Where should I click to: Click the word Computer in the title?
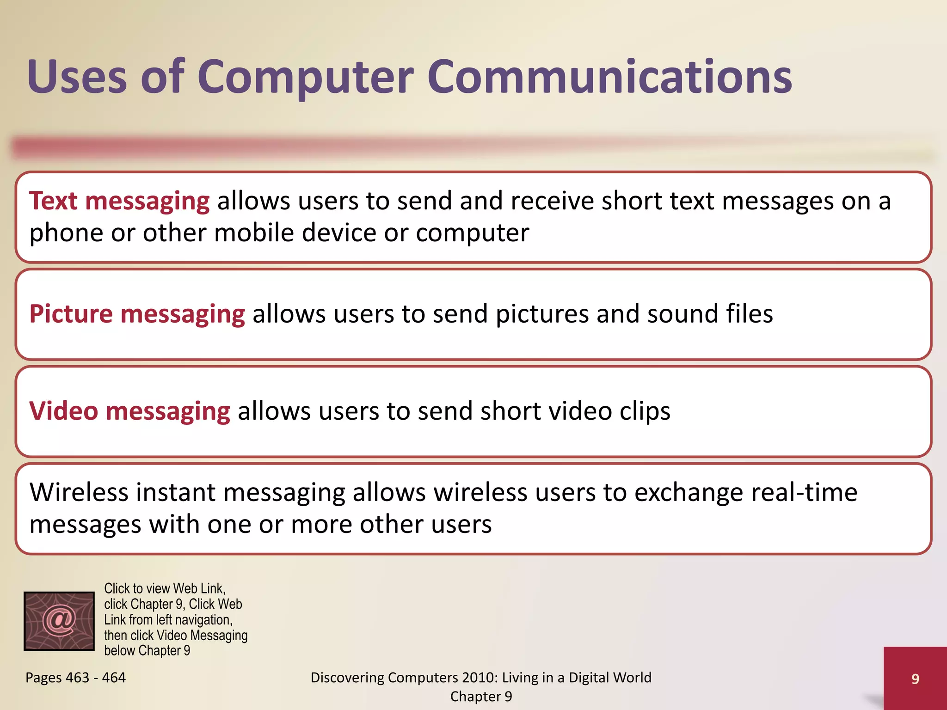pos(305,77)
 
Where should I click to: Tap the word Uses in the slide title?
pos(77,77)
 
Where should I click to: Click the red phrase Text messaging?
pos(119,202)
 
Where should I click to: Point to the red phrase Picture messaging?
pos(137,314)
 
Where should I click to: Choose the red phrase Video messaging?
pos(129,411)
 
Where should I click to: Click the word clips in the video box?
pos(645,411)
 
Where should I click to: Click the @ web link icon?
pos(59,621)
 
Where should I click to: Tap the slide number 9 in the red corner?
pos(915,679)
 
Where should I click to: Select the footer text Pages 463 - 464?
pos(75,678)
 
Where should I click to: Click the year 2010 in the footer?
pos(480,678)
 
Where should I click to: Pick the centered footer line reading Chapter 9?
pos(481,697)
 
